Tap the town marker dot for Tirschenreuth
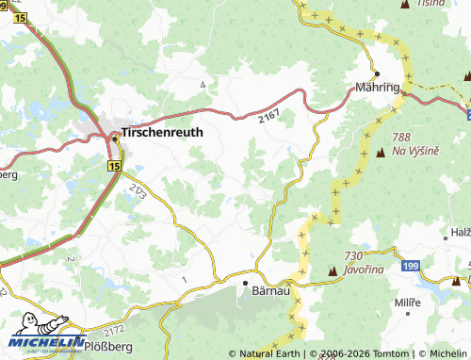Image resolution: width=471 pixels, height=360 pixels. tap(116, 138)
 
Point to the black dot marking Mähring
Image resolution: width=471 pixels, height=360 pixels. tap(376, 74)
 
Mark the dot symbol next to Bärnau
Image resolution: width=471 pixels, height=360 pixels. tap(244, 282)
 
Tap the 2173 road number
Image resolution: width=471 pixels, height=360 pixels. tap(138, 193)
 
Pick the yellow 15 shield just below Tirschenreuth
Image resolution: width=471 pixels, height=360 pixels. tap(114, 166)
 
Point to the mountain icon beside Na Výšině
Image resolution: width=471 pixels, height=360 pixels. tap(381, 151)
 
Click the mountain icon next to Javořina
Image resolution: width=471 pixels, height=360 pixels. tap(332, 273)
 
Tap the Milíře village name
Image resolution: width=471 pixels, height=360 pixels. tap(408, 302)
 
